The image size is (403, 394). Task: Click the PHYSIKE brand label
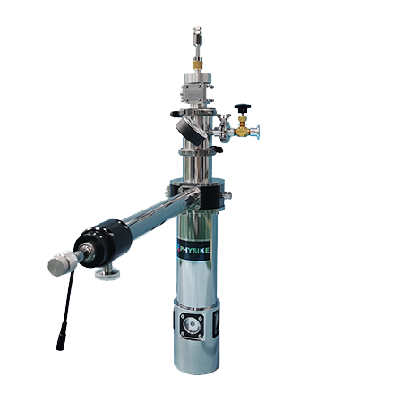193,249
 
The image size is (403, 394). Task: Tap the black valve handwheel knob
243,107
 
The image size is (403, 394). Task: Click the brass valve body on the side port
243,130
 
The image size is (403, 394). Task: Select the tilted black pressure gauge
191,131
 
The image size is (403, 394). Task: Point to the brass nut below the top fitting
197,65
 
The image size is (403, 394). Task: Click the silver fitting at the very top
197,34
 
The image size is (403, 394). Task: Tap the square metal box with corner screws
192,92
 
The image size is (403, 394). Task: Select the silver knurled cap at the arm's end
62,263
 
